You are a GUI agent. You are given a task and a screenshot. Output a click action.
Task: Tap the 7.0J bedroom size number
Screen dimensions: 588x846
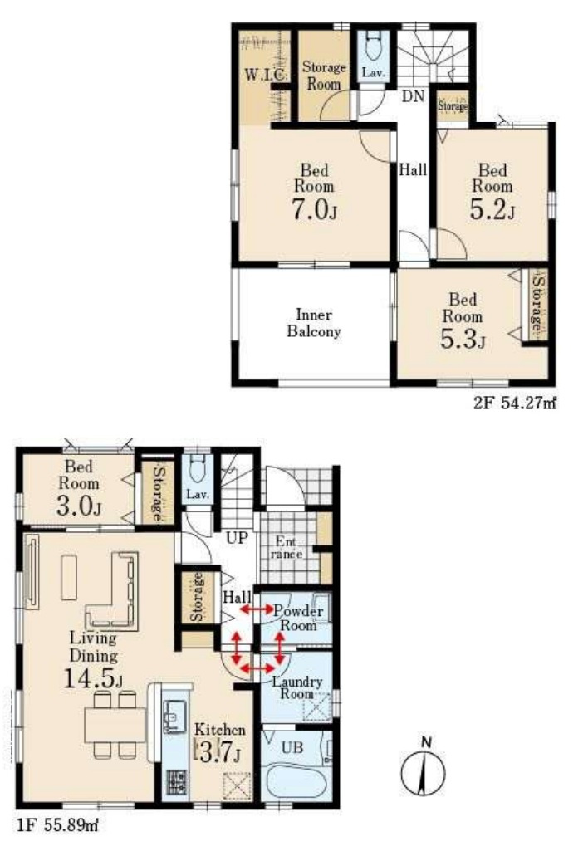pyautogui.click(x=315, y=209)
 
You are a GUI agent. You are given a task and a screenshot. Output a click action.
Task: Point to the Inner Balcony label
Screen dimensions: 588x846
pyautogui.click(x=314, y=323)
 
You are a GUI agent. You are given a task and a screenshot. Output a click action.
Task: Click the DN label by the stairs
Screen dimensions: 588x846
pyautogui.click(x=413, y=96)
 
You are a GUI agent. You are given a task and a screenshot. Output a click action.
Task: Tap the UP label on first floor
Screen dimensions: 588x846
pyautogui.click(x=237, y=537)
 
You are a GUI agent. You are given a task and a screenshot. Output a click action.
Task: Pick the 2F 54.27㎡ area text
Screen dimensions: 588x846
pyautogui.click(x=515, y=403)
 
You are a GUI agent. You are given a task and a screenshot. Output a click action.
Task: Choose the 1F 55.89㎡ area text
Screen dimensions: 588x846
pyautogui.click(x=57, y=824)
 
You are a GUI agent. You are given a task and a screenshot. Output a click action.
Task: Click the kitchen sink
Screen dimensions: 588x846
pyautogui.click(x=174, y=717)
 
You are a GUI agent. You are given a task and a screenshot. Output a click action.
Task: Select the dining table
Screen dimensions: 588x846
pyautogui.click(x=115, y=725)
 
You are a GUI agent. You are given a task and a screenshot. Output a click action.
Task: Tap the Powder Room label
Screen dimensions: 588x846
pyautogui.click(x=298, y=619)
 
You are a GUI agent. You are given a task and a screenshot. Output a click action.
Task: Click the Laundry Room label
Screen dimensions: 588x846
pyautogui.click(x=297, y=688)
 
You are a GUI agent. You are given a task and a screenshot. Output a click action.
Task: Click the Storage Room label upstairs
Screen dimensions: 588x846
pyautogui.click(x=324, y=76)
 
